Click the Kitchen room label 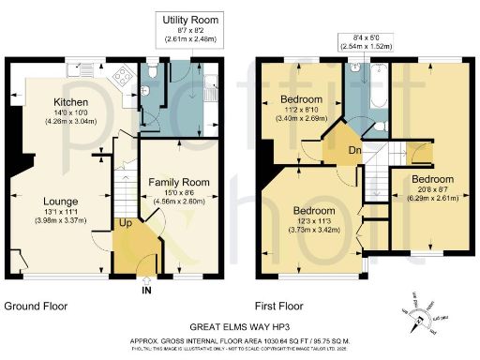70,102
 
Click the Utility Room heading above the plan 190,20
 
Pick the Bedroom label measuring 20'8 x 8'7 430,178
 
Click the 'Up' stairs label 125,223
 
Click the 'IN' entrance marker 145,291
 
